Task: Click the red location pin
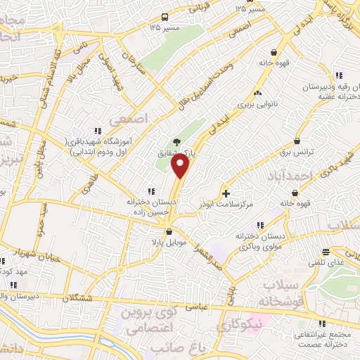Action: click(x=181, y=167)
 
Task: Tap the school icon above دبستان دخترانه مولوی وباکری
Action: click(x=259, y=225)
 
